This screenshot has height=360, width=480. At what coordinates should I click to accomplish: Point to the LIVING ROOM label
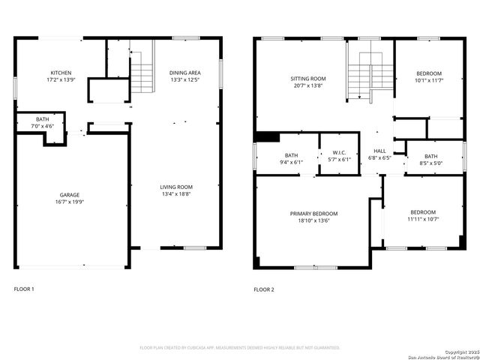176,187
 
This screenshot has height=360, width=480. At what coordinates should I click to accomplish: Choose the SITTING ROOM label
308,78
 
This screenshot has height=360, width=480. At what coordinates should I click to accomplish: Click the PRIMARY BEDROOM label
313,213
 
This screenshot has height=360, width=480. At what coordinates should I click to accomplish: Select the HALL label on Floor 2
380,151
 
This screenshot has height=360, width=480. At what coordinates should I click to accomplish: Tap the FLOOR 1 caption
24,289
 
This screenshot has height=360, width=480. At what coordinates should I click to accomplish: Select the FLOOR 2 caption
264,289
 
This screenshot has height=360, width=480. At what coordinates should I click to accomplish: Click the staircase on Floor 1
142,72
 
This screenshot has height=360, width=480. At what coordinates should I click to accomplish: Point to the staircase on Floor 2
370,75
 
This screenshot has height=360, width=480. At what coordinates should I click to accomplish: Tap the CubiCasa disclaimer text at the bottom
240,347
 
